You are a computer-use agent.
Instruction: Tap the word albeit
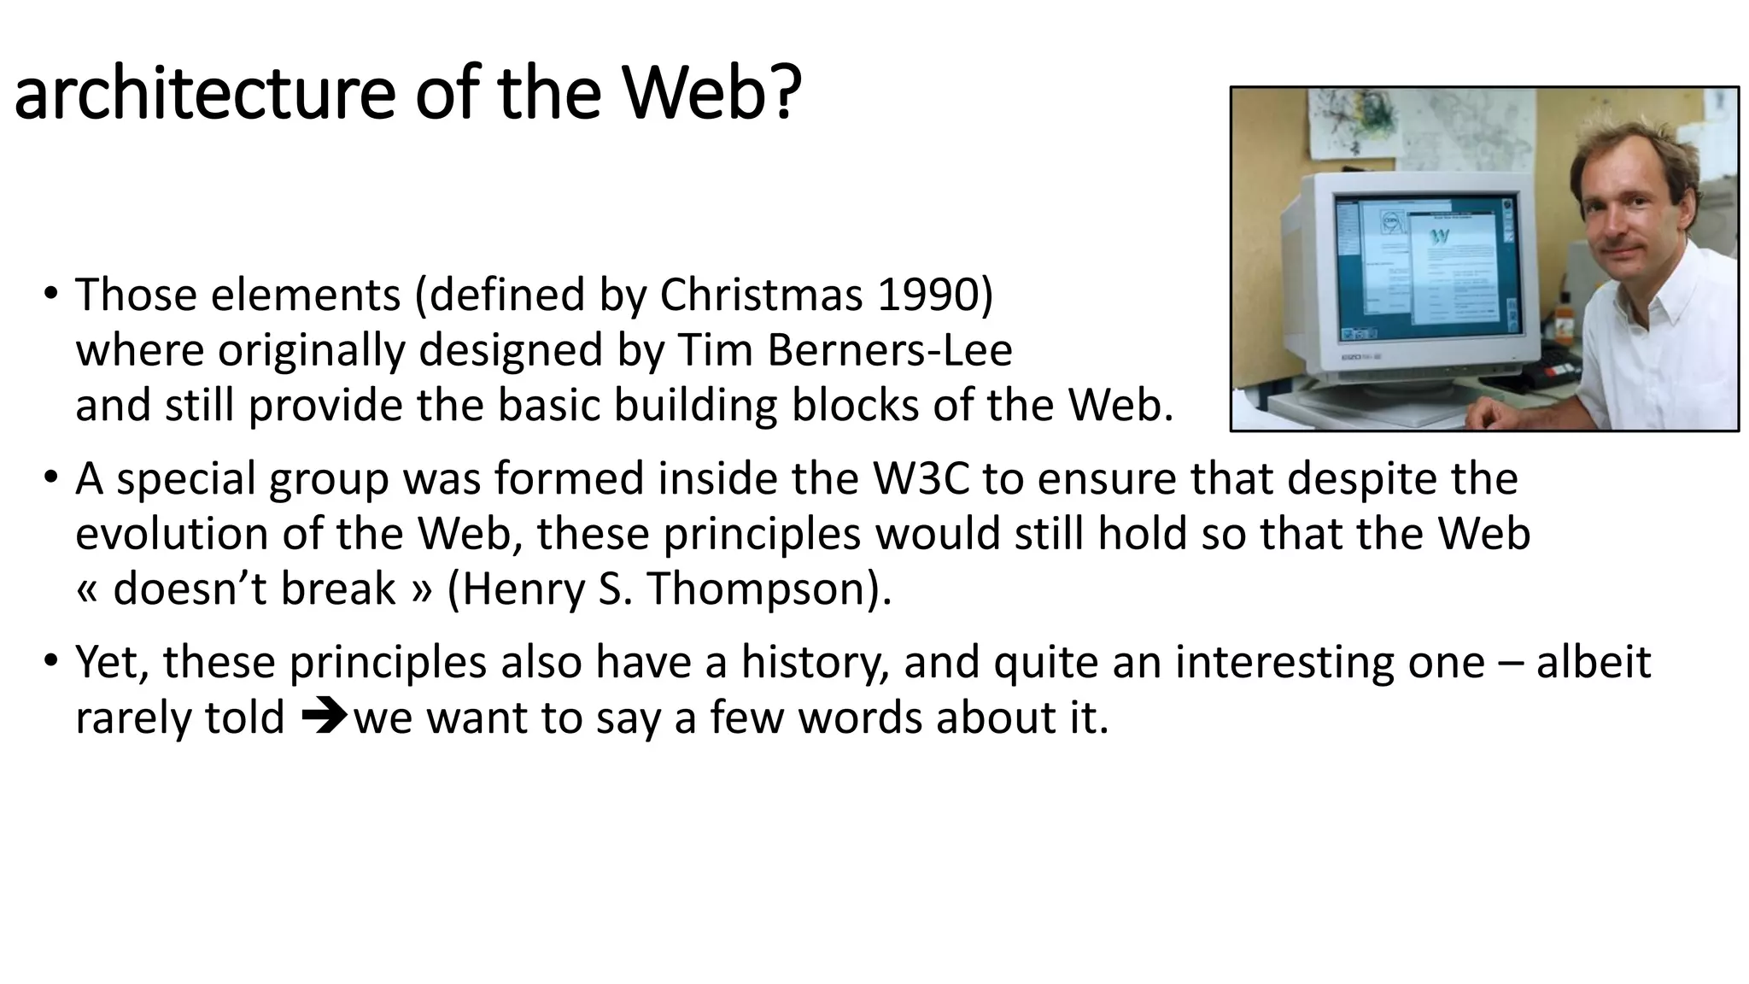point(1593,662)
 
